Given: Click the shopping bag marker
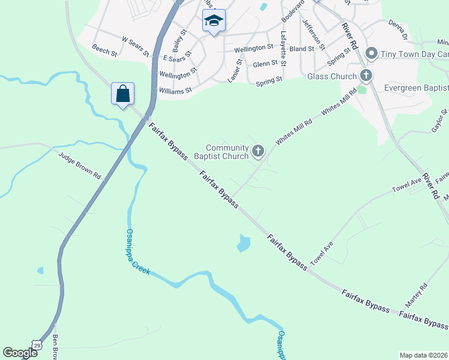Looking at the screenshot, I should coord(123,94).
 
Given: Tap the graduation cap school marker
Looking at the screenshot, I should coord(213,21).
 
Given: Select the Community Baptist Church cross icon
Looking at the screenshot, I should coord(259,151).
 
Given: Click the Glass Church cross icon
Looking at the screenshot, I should coord(366,76).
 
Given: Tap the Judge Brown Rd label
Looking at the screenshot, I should coord(80,164).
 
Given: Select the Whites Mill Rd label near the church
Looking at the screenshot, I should coord(294,132).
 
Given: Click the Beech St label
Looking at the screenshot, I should coord(104,49).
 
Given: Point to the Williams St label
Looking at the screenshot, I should coord(175,91).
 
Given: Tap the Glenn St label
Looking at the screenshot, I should coord(265,64).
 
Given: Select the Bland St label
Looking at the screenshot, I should coord(301,49).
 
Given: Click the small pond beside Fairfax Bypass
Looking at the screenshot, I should coord(243,243).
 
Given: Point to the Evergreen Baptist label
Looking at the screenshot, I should coord(417,88).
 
